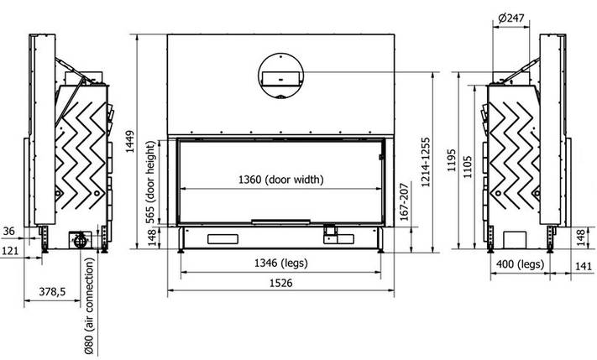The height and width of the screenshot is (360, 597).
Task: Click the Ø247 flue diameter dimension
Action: point(511,18)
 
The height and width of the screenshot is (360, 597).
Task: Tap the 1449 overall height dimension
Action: point(130,142)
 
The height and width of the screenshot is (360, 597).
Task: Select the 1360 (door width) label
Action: point(281,180)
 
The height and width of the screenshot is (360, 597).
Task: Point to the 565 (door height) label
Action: point(151,182)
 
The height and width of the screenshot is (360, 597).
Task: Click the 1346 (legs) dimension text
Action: point(281,263)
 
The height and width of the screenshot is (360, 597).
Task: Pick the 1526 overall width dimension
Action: point(281,283)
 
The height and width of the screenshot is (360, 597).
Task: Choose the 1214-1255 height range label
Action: point(426,162)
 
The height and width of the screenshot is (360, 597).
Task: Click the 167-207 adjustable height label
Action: point(405,201)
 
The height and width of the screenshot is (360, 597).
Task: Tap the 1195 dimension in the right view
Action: point(452,160)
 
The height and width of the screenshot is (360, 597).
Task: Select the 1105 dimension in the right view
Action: point(468,167)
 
